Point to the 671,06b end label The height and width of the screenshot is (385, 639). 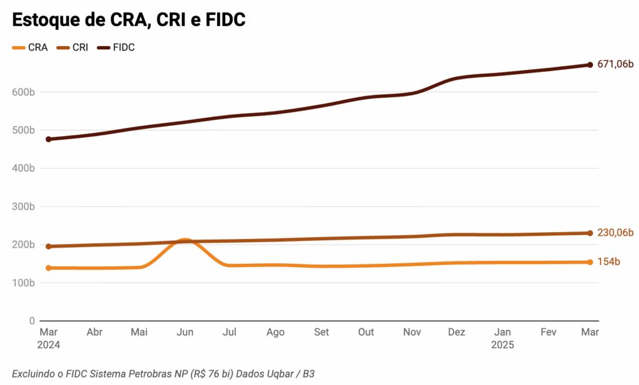coord(615,65)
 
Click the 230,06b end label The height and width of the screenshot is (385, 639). coord(615,233)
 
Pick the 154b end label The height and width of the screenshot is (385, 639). coord(608,262)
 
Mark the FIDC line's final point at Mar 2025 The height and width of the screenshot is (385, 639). coord(590,65)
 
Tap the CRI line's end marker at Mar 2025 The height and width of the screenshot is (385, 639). coord(590,233)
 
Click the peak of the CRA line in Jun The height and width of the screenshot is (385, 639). coord(184,240)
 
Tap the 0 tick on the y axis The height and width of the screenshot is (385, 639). coord(32,321)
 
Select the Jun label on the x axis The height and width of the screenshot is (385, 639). coord(185,333)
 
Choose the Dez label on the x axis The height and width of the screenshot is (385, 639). coord(456,333)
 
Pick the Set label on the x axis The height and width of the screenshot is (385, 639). coord(321,333)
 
